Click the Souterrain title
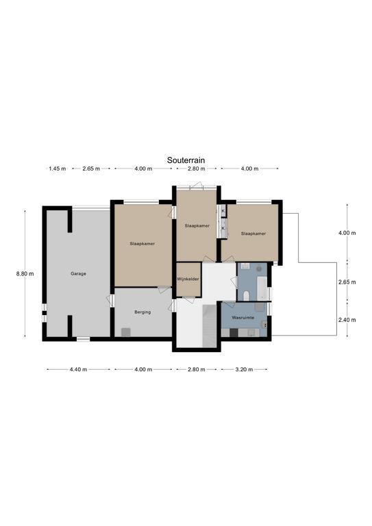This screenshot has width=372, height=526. coord(186,160)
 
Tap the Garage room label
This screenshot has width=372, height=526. coord(78,274)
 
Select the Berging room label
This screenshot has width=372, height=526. coord(142,312)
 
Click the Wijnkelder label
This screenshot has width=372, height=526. coord(188,279)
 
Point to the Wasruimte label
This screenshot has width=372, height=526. coord(243,317)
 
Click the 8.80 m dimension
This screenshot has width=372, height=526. coord(25,274)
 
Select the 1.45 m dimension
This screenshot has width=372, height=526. coord(58,168)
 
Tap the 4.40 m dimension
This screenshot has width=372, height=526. coord(78,370)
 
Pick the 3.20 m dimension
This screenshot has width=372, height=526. coord(244,370)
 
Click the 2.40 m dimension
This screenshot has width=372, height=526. coord(347,320)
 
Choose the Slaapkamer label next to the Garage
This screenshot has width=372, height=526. coord(142,244)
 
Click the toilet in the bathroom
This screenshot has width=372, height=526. coord(246,296)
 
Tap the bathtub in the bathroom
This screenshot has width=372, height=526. coord(262,288)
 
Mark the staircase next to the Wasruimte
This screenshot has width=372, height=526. coord(210,326)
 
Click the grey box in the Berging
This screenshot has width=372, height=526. coord(126,332)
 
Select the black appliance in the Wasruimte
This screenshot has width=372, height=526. coord(234,332)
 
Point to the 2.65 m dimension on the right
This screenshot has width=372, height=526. coord(347,282)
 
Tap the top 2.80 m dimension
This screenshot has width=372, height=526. coord(197,168)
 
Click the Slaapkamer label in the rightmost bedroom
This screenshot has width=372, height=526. coord(253,234)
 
